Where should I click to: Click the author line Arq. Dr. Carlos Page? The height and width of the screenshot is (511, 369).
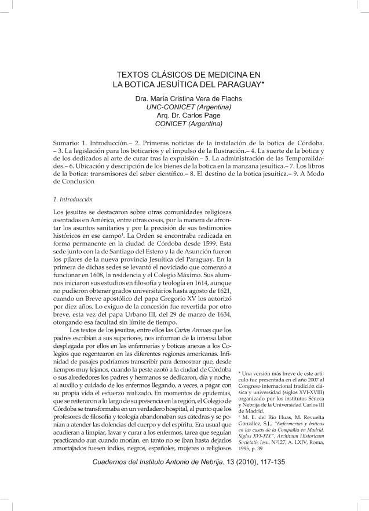click(x=185, y=115)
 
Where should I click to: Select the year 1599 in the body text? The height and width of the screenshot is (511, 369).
click(x=220, y=236)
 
